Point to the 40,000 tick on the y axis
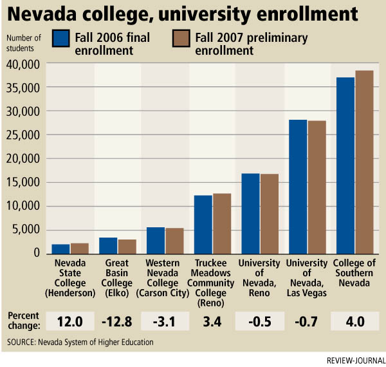23,64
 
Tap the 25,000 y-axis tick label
23,135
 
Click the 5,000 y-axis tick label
26,230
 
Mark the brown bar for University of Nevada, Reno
269,213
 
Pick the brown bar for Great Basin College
127,246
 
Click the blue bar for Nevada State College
60,249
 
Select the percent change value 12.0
69,320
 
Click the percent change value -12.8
117,320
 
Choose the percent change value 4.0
354,320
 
